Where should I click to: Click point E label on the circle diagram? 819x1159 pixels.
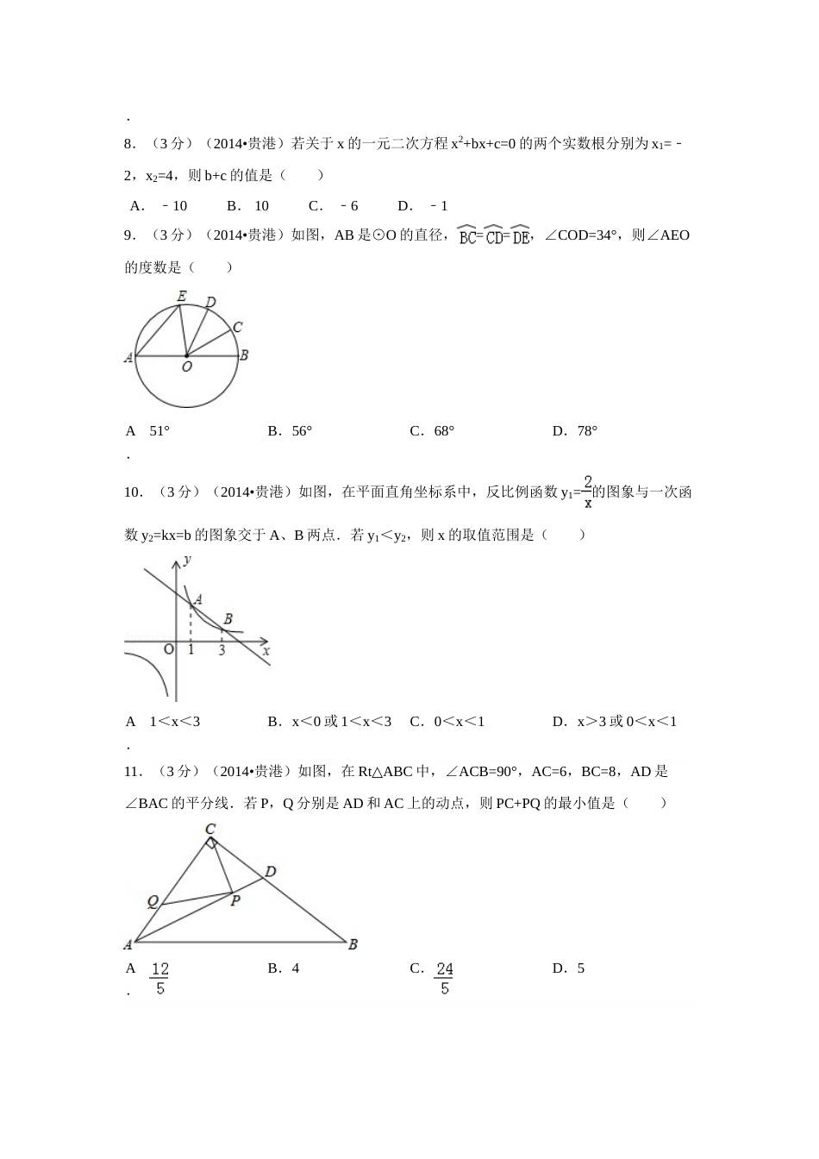point(182,297)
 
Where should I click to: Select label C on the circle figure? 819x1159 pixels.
point(237,327)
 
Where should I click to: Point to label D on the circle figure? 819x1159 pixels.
point(210,302)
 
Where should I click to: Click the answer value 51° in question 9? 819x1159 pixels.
point(159,431)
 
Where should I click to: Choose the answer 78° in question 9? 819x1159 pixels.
point(587,431)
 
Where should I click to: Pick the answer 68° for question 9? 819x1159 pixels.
point(444,431)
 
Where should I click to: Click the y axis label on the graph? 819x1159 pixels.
point(187,560)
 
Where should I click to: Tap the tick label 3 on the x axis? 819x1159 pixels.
point(222,651)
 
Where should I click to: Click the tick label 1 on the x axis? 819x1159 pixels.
point(191,651)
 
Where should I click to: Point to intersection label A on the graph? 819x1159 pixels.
point(198,598)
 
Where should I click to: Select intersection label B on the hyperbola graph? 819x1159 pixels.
point(228,619)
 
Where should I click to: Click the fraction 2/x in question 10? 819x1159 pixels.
point(588,492)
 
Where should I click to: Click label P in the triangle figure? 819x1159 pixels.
point(234,900)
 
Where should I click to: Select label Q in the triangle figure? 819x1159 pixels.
point(153,902)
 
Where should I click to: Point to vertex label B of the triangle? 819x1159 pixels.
point(353,945)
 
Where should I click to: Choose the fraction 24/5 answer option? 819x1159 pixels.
point(444,978)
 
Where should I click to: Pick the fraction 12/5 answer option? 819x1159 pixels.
point(159,978)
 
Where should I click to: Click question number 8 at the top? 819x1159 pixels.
point(129,143)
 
